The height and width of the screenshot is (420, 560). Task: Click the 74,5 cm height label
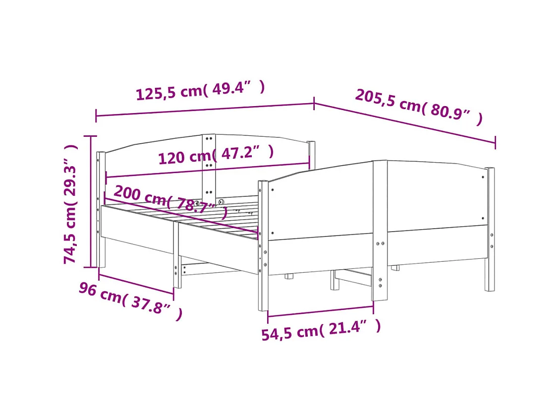click(70, 204)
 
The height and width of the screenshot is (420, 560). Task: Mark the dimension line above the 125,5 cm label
click(205, 110)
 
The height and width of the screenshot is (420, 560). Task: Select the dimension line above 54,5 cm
click(320, 313)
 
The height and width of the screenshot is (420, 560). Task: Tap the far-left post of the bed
click(101, 208)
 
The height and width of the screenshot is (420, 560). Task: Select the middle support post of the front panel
click(380, 231)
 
